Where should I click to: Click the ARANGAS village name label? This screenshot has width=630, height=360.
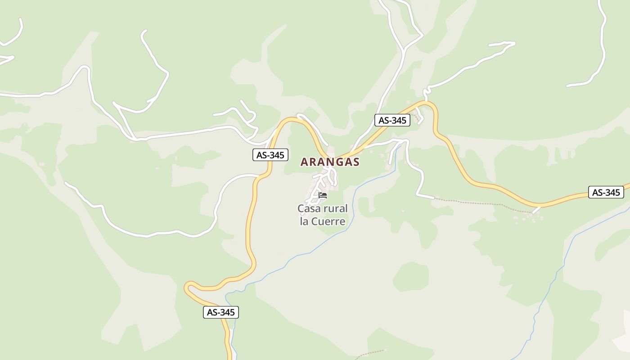click(x=330, y=162)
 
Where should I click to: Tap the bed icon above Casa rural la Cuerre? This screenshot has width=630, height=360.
click(x=322, y=195)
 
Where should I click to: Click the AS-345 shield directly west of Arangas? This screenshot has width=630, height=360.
click(x=270, y=155)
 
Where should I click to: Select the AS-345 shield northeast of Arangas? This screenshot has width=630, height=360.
click(x=392, y=120)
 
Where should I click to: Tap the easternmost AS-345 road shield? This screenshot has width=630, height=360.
click(x=606, y=193)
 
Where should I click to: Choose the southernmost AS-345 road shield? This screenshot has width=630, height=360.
click(x=220, y=312)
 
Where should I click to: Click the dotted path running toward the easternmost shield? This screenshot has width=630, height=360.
click(x=477, y=202)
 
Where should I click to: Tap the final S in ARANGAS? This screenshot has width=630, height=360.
click(x=356, y=162)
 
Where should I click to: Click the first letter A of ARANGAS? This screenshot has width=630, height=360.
click(x=304, y=162)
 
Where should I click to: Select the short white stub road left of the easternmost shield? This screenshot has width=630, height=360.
click(x=536, y=210)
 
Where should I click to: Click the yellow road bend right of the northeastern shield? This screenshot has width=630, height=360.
click(x=434, y=108)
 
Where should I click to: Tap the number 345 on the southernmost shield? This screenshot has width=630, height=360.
click(x=226, y=312)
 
